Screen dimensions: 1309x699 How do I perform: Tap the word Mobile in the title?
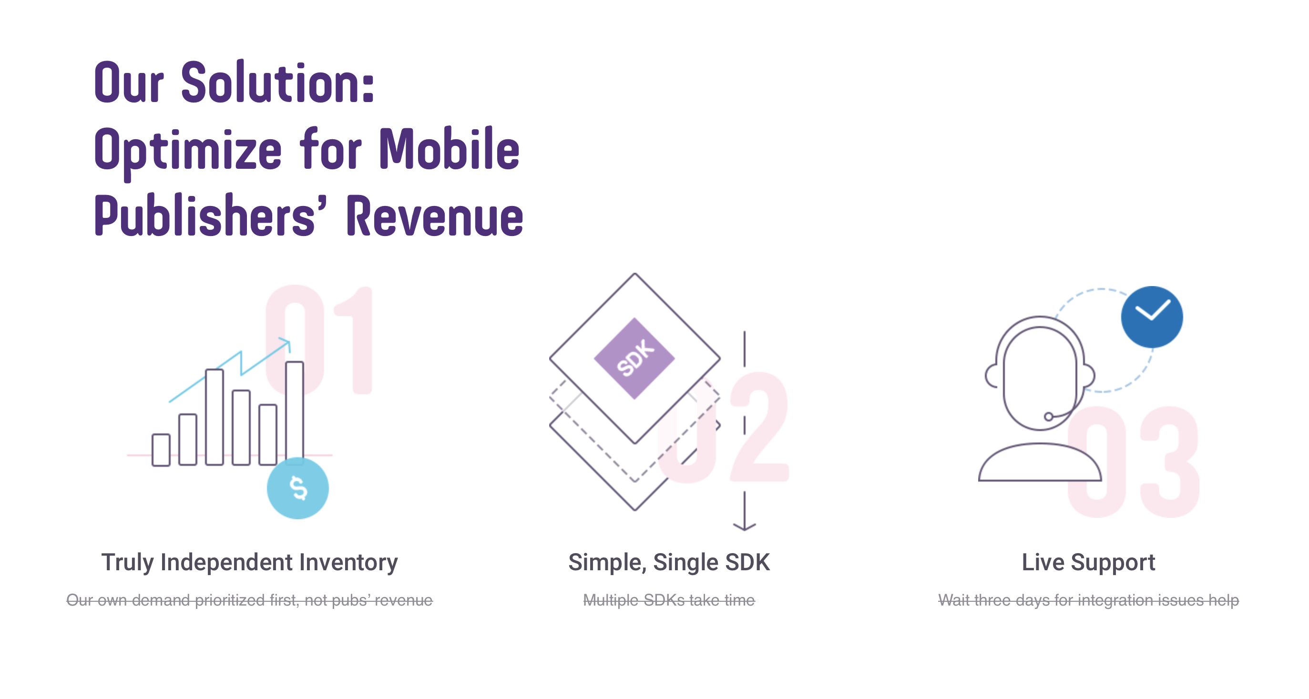[450, 148]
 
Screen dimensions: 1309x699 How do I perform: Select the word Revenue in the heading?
[435, 216]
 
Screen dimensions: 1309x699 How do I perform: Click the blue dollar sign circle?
[298, 488]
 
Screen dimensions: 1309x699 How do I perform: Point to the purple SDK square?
[634, 359]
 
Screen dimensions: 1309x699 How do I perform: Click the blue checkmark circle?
[1152, 317]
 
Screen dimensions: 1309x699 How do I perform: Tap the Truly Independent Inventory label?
[249, 563]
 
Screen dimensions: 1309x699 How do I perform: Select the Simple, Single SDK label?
[669, 563]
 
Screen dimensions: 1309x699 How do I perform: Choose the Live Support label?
[1088, 563]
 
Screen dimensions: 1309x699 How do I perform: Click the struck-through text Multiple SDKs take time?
[669, 600]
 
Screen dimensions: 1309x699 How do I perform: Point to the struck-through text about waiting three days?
[1088, 600]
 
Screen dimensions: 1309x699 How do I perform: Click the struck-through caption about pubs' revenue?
[249, 600]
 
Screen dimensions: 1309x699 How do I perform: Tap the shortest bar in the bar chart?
[161, 450]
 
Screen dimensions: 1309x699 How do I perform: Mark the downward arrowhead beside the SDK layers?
[745, 526]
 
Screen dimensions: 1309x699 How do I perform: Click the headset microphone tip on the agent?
[1048, 417]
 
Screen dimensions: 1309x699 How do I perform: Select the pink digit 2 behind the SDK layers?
[759, 427]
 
